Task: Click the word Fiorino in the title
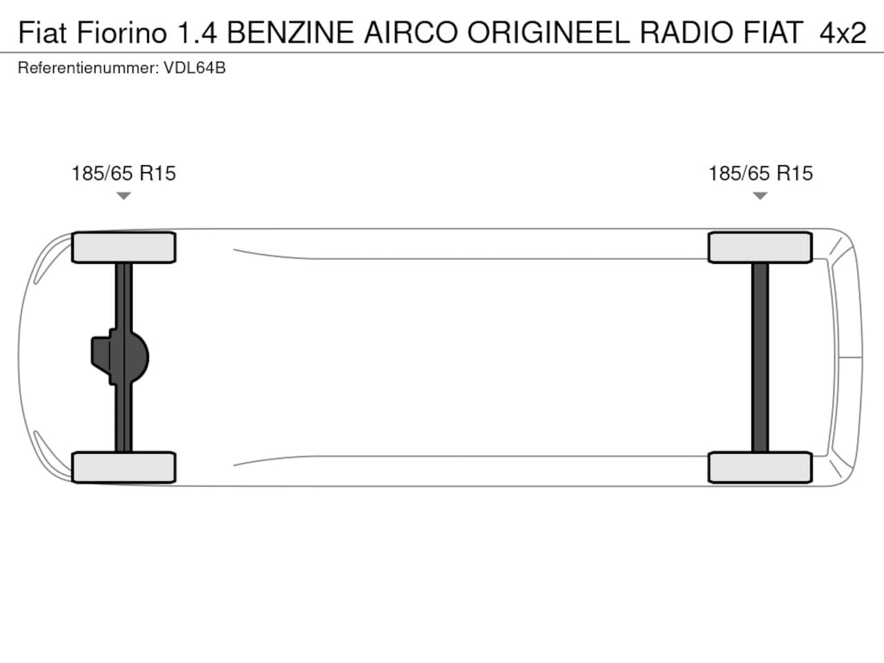pos(122,32)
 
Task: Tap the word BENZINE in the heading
pos(290,32)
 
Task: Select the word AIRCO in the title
pos(411,32)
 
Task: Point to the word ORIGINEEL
pos(548,32)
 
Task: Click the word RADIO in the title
pos(686,32)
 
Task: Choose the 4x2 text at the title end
pos(843,32)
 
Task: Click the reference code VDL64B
pos(195,68)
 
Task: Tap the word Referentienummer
pos(88,68)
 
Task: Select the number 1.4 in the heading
pos(197,32)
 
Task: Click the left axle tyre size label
pos(124,173)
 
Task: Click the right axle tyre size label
pos(760,173)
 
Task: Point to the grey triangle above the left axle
pos(124,195)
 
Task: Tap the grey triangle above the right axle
pos(760,195)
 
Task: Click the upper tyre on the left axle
pos(124,247)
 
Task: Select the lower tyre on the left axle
pos(124,468)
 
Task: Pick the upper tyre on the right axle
pos(760,247)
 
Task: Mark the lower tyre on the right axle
pos(760,468)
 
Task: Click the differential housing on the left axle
pos(120,357)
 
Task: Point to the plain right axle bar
pos(760,358)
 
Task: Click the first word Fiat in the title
pos(42,32)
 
